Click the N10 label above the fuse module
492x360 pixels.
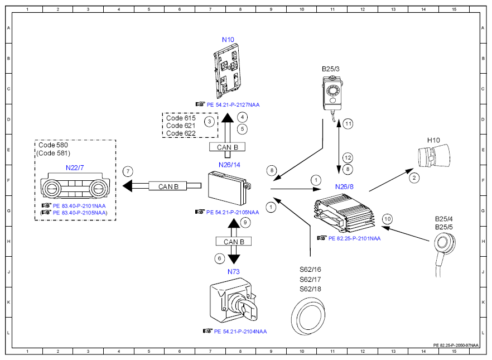tap(228, 40)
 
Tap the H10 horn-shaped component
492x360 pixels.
tap(434, 156)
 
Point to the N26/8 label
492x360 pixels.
tap(344, 187)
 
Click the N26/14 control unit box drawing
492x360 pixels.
tap(230, 188)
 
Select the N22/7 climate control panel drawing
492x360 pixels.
tap(75, 185)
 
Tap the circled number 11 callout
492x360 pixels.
tap(348, 124)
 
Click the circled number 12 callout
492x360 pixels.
tap(348, 158)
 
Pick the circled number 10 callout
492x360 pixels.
tap(387, 219)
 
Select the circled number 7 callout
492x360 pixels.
tap(128, 171)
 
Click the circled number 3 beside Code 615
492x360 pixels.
tap(209, 122)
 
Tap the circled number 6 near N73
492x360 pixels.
tap(219, 258)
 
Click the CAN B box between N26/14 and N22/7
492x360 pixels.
tap(168, 186)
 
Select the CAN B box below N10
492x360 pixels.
tap(227, 147)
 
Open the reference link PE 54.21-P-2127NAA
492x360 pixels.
tap(233, 105)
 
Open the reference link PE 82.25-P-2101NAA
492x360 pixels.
tap(354, 238)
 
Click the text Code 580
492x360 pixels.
tap(53, 145)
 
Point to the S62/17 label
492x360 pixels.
tap(310, 279)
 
